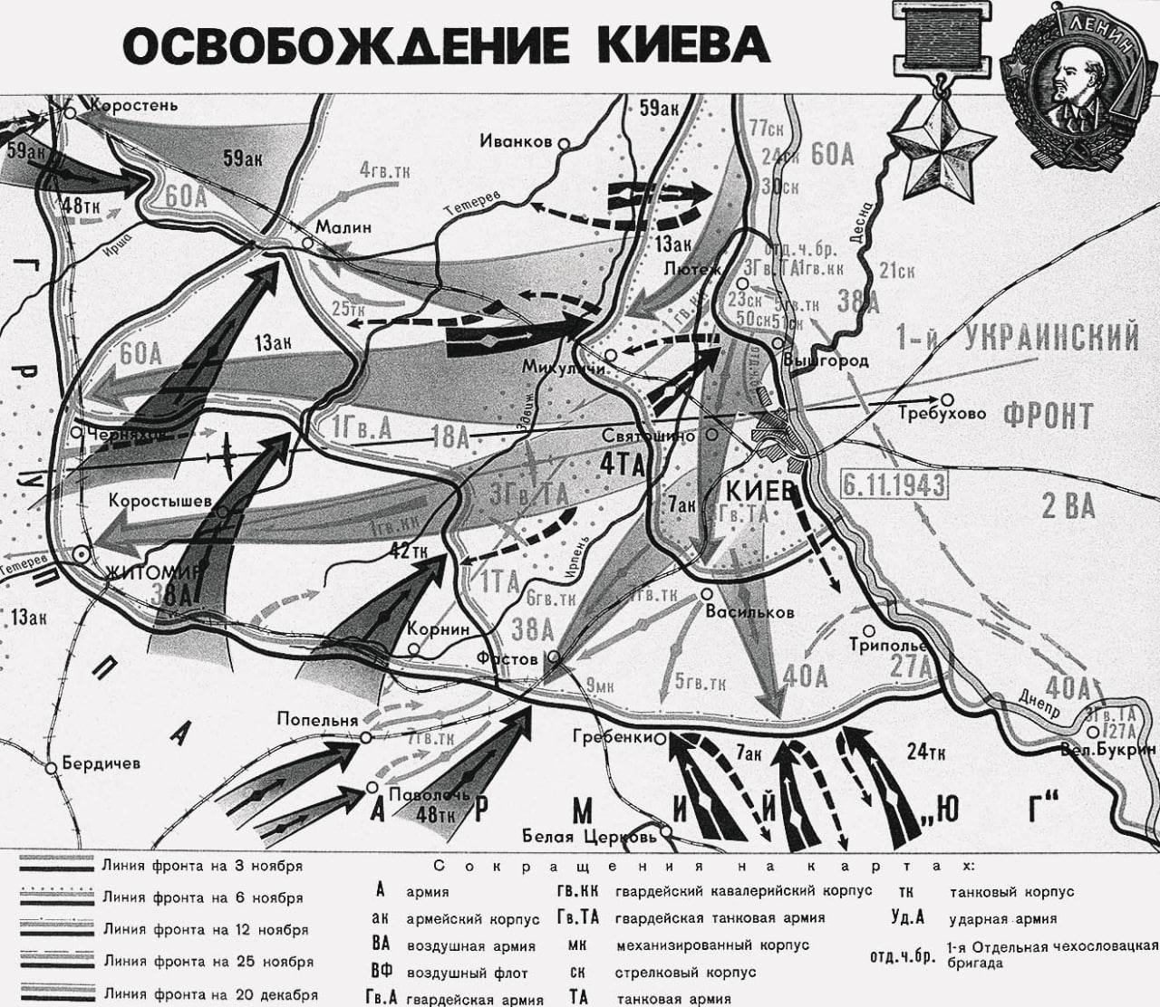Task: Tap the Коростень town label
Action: [133, 105]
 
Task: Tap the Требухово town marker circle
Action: [947, 398]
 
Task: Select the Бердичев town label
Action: [101, 763]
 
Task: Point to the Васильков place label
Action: [750, 612]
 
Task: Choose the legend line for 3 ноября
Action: [56, 867]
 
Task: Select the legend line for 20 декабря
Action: [56, 994]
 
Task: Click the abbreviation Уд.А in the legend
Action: [907, 917]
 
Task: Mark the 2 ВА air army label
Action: [1068, 506]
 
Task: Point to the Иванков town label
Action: [516, 142]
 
